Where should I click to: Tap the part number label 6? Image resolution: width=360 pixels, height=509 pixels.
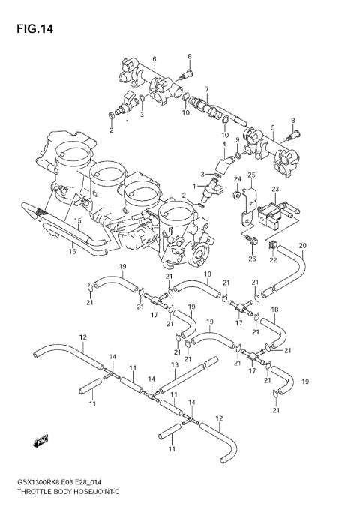154,58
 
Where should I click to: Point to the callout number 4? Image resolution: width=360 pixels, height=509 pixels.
223,143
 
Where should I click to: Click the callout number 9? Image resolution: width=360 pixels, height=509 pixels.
238,140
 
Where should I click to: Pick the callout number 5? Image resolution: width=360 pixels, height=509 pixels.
273,127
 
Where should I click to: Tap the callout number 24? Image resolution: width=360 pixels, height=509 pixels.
237,179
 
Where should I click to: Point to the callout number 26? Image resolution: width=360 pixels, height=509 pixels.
252,259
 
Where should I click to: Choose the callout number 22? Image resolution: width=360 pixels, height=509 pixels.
274,259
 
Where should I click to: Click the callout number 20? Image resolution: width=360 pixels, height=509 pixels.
303,246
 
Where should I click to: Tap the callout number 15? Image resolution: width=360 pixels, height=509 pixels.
76,220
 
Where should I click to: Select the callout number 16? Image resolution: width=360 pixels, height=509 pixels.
72,252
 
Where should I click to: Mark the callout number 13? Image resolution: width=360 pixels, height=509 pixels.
174,364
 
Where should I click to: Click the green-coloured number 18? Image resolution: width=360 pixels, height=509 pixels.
274,310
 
